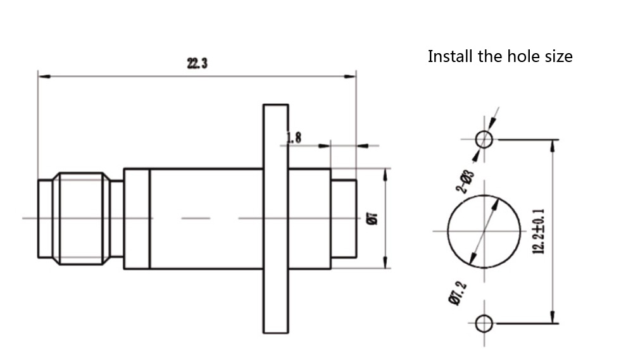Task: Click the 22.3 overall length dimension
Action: [197, 63]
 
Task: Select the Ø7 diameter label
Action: [373, 219]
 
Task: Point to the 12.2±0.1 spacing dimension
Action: [539, 232]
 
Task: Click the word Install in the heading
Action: [451, 56]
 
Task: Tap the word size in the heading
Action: [558, 56]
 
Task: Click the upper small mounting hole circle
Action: [484, 139]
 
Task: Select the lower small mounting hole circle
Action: [484, 323]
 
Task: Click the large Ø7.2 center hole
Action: [484, 231]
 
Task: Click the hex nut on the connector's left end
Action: [80, 218]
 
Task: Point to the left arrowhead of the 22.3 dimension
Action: [43, 77]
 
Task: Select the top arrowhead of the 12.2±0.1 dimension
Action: [553, 145]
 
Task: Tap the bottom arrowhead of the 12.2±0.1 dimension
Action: [553, 318]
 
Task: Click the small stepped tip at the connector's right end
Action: [344, 218]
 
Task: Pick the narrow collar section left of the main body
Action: [137, 218]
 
